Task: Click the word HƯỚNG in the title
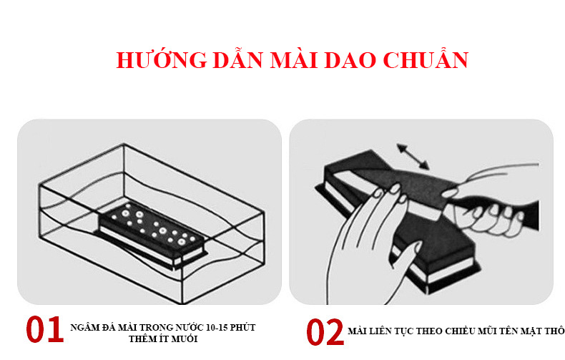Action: click(162, 59)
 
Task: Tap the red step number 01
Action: click(44, 329)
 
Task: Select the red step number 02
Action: click(325, 332)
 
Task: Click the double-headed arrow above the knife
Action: click(413, 156)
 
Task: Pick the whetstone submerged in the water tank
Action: click(152, 235)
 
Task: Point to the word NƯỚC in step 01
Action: click(190, 327)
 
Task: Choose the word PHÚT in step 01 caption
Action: click(243, 327)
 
